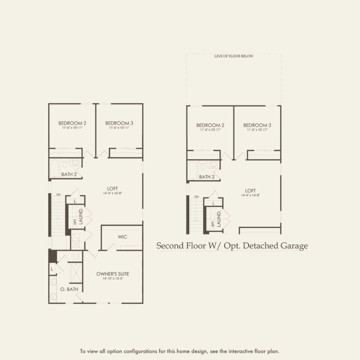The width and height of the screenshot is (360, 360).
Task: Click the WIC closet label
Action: (122, 237)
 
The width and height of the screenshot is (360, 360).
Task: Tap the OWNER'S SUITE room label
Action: (113, 274)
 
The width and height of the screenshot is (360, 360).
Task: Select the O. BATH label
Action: (69, 289)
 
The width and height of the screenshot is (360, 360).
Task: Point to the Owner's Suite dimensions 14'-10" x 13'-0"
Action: (113, 279)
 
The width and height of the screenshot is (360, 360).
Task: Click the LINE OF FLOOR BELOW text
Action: (234, 56)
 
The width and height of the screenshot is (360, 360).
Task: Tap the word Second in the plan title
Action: (168, 246)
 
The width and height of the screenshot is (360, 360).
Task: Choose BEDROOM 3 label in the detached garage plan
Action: (257, 125)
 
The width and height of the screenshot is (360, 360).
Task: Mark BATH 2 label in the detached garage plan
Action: (207, 177)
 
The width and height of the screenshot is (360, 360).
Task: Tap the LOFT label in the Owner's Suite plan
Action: (113, 188)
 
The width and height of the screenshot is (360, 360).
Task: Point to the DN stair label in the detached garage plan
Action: (197, 197)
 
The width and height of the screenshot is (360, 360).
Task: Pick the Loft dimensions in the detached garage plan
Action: (250, 195)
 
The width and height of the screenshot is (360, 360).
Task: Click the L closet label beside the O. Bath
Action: (52, 269)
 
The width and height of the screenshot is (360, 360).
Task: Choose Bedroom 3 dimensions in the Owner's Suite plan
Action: (119, 128)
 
